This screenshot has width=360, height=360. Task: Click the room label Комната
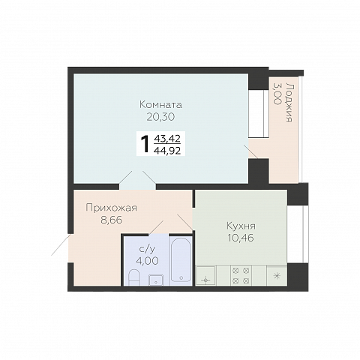pyautogui.click(x=160, y=104)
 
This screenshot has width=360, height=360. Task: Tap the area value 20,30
pyautogui.click(x=160, y=117)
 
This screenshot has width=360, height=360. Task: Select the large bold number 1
pyautogui.click(x=145, y=144)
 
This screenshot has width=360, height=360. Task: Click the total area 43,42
pyautogui.click(x=167, y=138)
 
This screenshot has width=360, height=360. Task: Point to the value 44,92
pyautogui.click(x=167, y=151)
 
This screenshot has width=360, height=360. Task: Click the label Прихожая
pyautogui.click(x=112, y=208)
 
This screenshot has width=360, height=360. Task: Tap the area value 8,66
pyautogui.click(x=112, y=220)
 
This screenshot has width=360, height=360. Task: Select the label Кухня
pyautogui.click(x=241, y=226)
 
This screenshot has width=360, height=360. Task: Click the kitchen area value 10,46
pyautogui.click(x=241, y=238)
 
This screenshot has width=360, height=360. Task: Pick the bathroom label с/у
pyautogui.click(x=147, y=249)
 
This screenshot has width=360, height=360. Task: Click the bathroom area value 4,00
pyautogui.click(x=147, y=261)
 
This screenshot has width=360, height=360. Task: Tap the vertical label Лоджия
pyautogui.click(x=289, y=103)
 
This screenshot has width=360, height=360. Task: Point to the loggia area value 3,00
pyautogui.click(x=277, y=94)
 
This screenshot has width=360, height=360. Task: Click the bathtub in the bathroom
pyautogui.click(x=181, y=260)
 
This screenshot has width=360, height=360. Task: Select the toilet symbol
pyautogui.click(x=133, y=277)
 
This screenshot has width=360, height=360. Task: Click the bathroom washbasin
pyautogui.click(x=156, y=280)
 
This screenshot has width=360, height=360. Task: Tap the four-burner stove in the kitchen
pyautogui.click(x=241, y=275)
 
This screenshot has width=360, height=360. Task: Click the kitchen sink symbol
pyautogui.click(x=205, y=275)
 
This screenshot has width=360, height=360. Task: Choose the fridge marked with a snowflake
pyautogui.click(x=277, y=275)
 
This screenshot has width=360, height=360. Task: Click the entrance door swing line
pyautogui.click(x=61, y=245)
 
